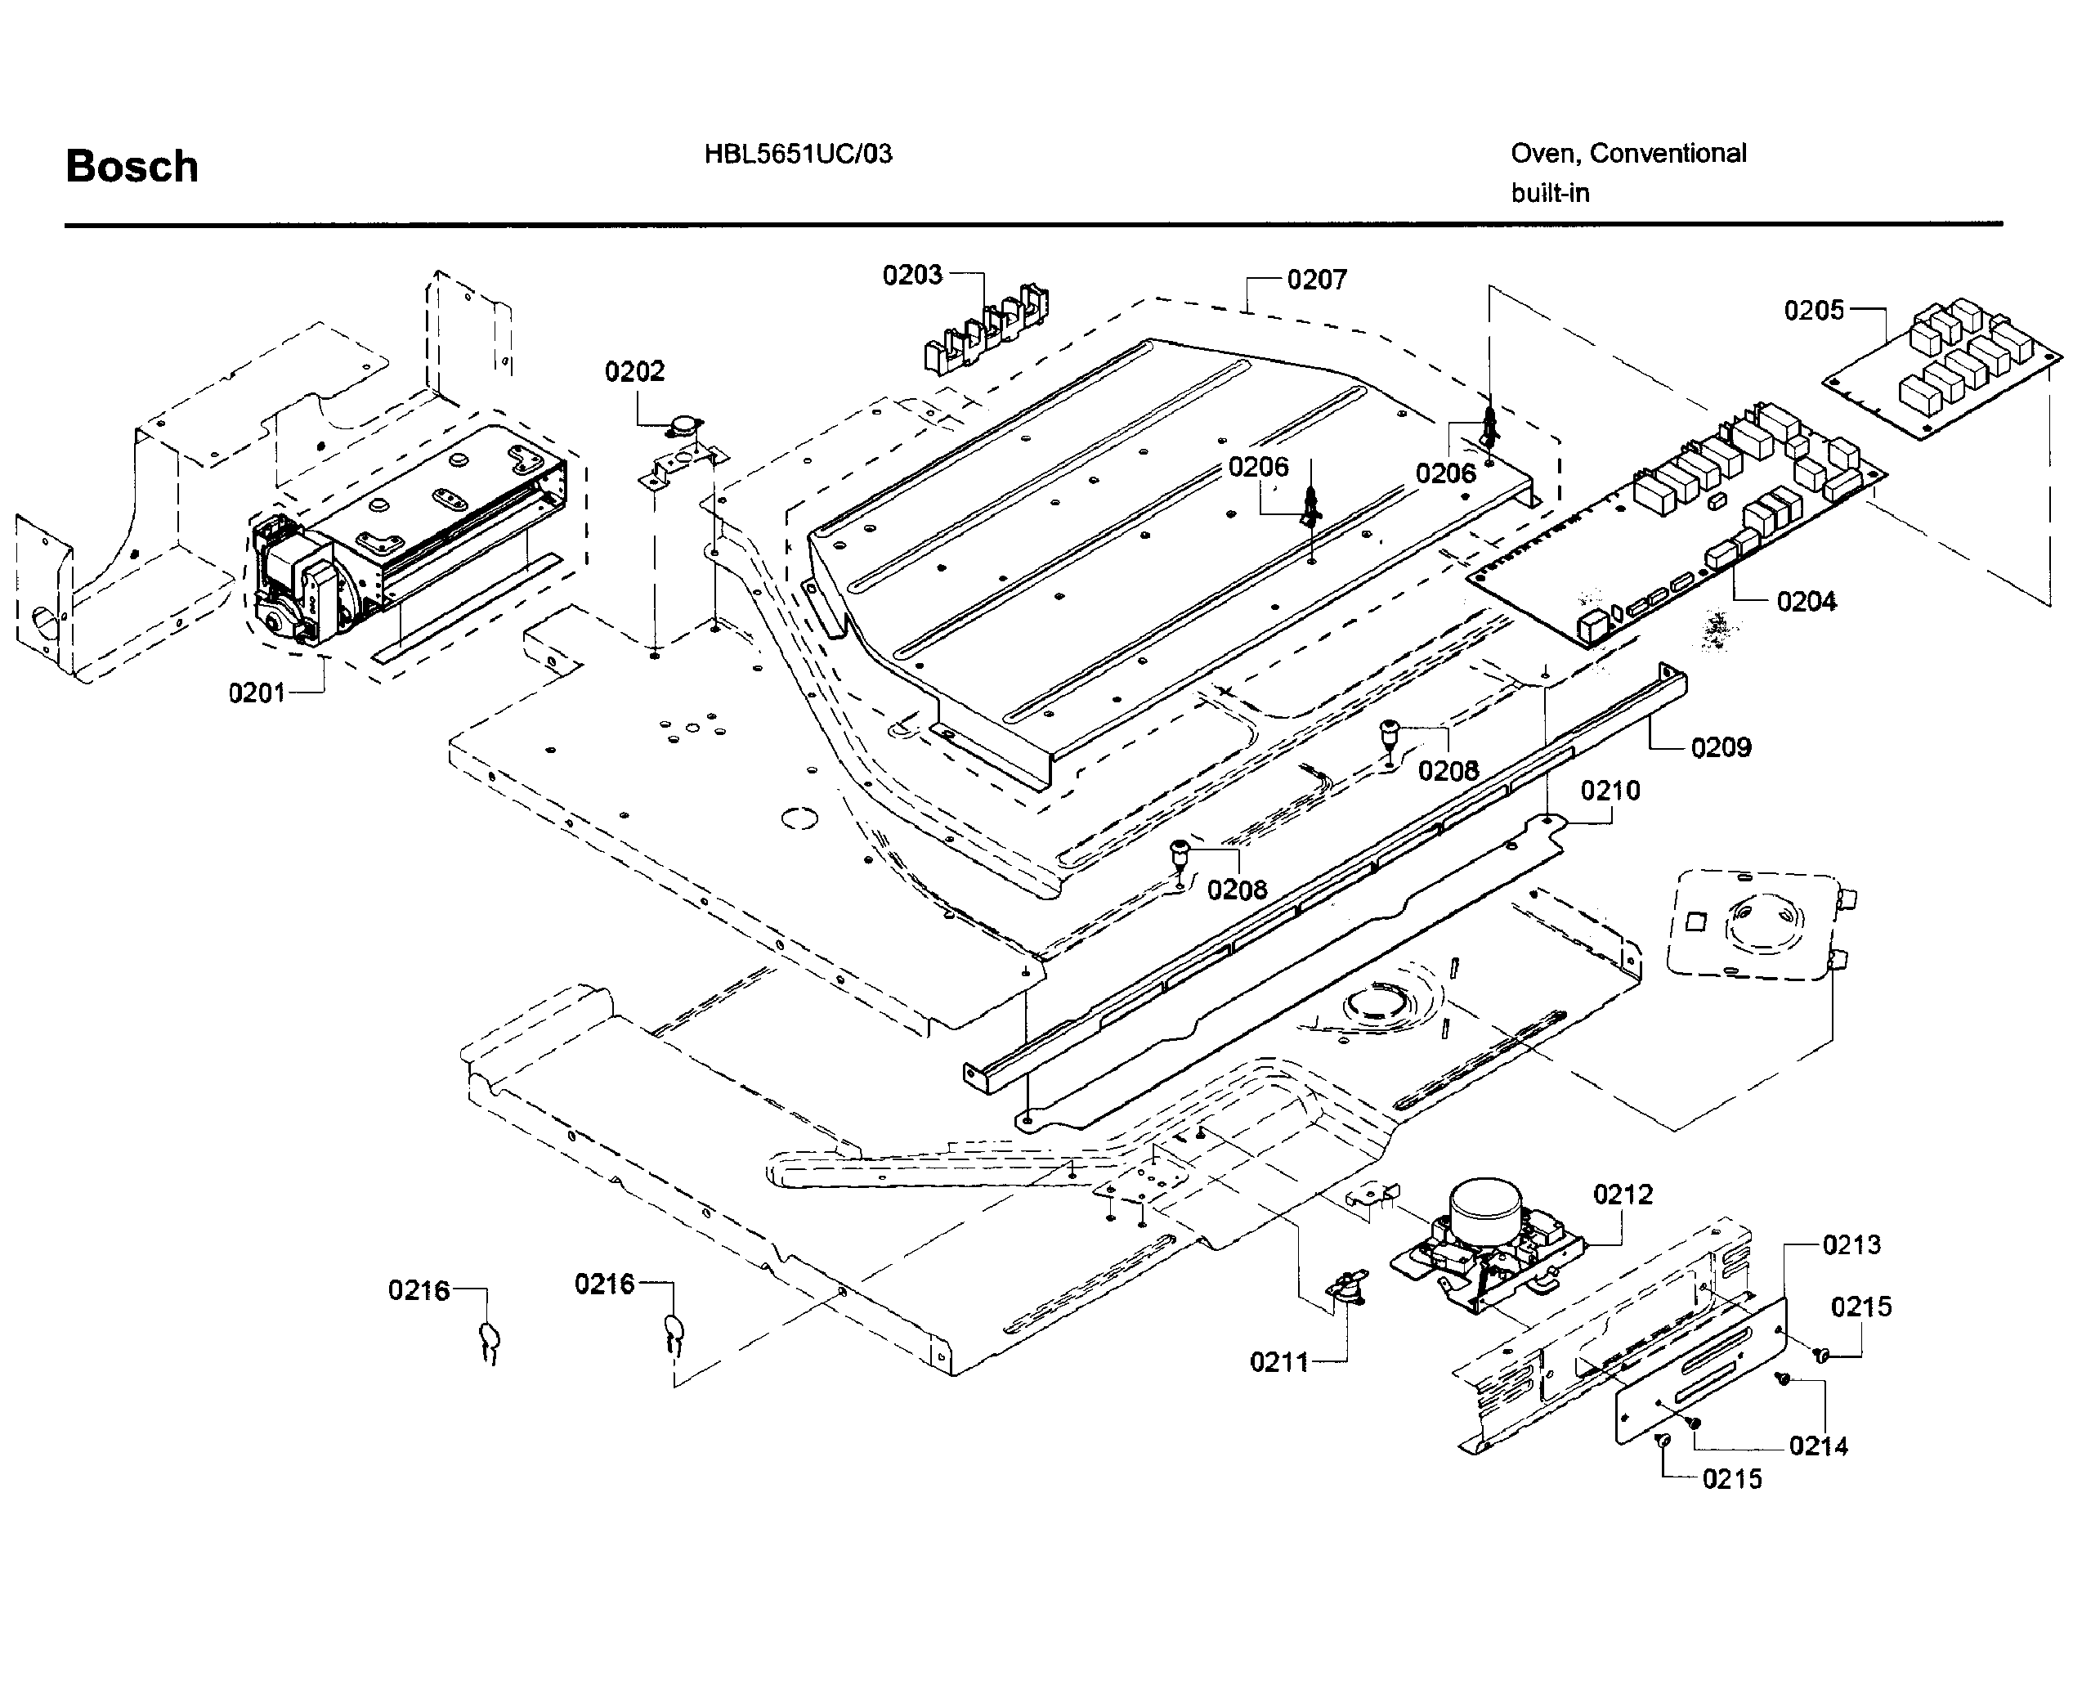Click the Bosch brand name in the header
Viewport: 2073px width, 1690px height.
132,167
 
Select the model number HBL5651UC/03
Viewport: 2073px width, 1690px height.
797,154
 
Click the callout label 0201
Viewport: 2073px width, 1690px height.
257,693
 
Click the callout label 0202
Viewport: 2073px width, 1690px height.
634,371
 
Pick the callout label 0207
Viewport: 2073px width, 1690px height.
1316,280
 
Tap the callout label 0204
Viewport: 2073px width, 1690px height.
1806,602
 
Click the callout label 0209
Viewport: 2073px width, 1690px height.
1720,747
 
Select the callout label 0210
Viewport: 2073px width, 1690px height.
1610,791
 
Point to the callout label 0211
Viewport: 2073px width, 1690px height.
1278,1362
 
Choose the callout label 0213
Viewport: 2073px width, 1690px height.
1851,1245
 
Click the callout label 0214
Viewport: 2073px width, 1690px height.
1818,1446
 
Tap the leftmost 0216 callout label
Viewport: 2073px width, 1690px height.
419,1291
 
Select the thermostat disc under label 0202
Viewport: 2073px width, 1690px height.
685,425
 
